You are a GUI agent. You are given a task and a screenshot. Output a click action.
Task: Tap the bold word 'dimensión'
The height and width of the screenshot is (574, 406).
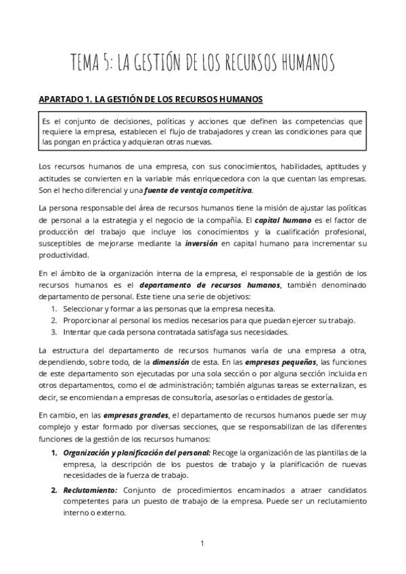(173, 361)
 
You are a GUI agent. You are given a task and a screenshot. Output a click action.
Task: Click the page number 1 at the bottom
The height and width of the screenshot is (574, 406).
(202, 544)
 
